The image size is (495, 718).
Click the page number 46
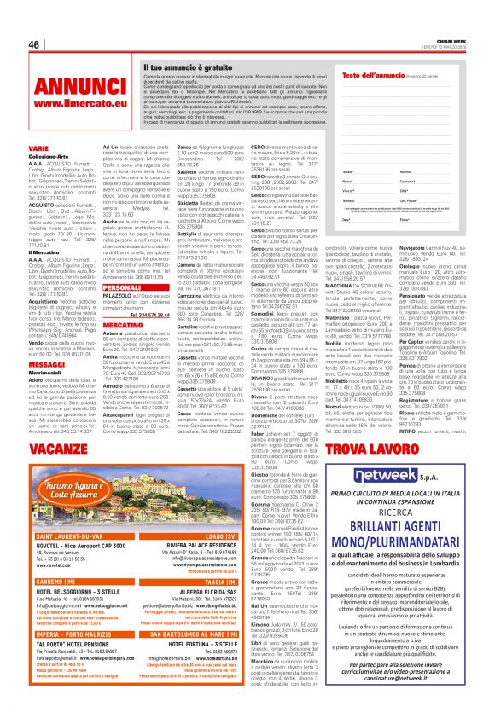(x=34, y=44)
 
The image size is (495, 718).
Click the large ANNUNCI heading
(x=58, y=89)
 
